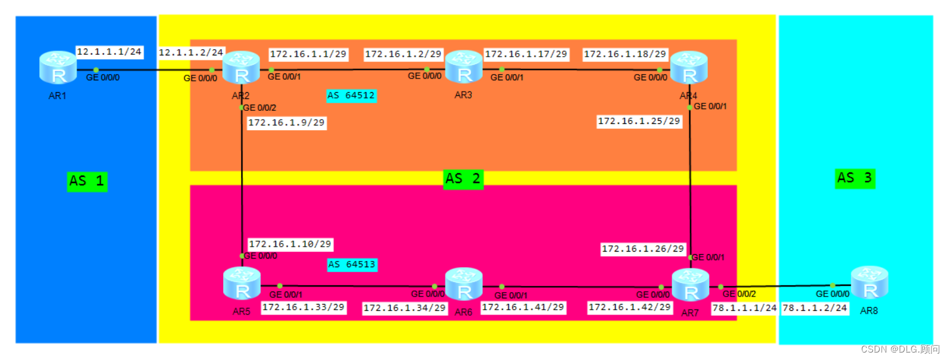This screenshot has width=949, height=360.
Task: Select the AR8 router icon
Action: (869, 283)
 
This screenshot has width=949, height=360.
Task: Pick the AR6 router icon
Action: (464, 284)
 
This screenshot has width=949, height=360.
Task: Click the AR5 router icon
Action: (242, 283)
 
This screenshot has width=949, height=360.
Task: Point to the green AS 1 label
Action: (87, 181)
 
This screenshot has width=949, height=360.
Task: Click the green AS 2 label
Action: (464, 179)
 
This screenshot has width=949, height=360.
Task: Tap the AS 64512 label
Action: (351, 96)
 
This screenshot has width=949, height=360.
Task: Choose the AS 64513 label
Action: (352, 265)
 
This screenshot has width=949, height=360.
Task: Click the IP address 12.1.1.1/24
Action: (110, 52)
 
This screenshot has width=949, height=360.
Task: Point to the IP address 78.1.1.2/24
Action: (815, 308)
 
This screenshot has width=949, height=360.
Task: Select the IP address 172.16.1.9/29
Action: (287, 123)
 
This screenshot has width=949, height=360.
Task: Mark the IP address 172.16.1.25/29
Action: (639, 121)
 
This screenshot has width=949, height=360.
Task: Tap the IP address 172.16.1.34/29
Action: (405, 308)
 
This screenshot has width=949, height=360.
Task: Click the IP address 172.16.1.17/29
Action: (526, 54)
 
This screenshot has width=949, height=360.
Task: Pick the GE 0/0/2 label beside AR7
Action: (739, 293)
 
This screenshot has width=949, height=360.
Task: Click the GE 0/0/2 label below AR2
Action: (259, 108)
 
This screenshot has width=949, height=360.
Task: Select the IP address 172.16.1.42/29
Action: (630, 307)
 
